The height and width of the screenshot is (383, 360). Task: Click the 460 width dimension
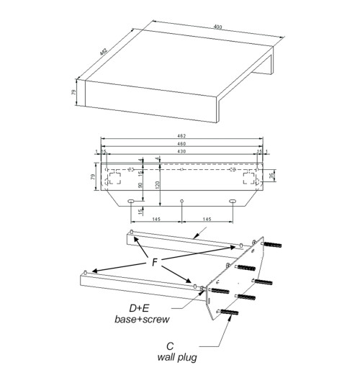click(181, 145)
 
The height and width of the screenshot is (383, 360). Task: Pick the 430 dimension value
click(181, 153)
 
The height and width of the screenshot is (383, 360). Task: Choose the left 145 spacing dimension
click(156, 218)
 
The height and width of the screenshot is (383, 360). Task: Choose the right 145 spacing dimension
click(207, 218)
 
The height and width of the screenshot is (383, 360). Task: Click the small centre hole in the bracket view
click(181, 200)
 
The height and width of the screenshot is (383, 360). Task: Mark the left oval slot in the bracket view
click(130, 201)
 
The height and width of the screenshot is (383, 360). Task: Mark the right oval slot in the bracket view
click(233, 201)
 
